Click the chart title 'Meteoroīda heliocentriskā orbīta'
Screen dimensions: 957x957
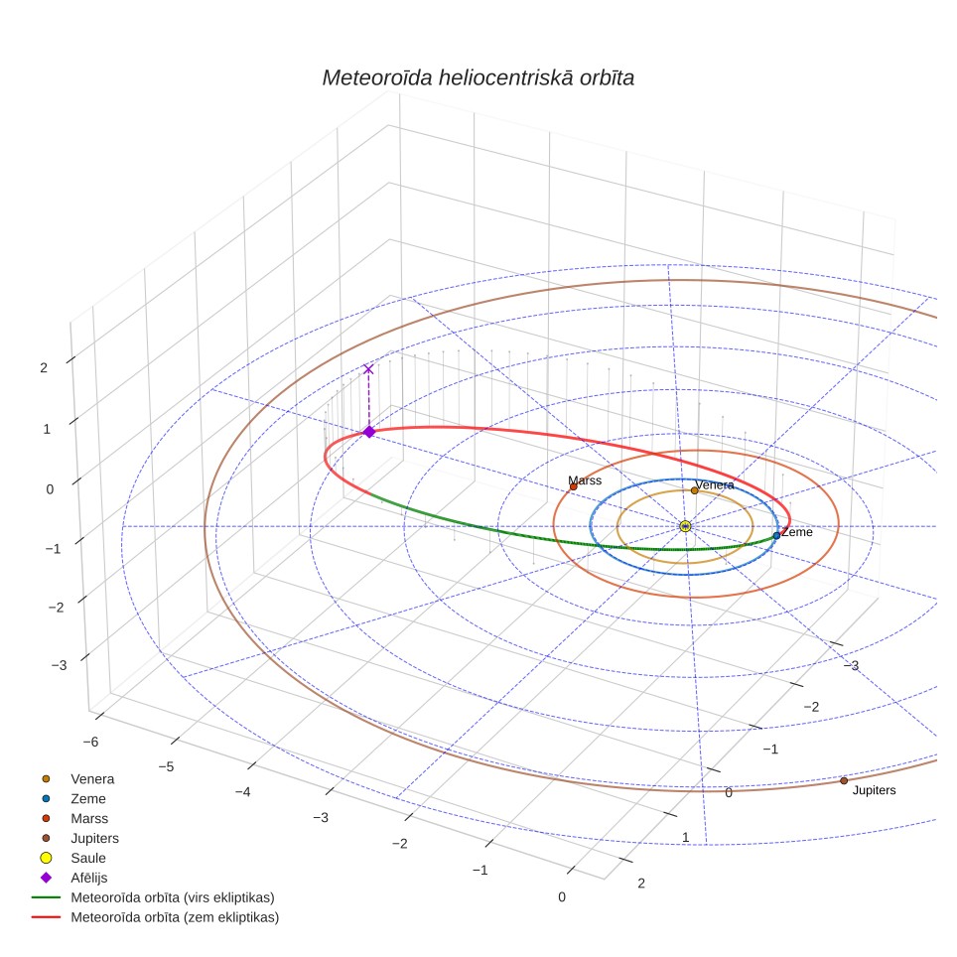[x=478, y=77]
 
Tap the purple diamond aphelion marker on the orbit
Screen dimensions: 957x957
[x=369, y=432]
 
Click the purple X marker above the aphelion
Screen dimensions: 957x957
[x=368, y=369]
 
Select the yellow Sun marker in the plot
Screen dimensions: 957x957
[x=685, y=526]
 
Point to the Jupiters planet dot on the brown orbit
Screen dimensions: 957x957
[x=844, y=780]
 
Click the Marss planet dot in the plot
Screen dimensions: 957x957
[x=573, y=486]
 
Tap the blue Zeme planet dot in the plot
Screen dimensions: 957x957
[x=776, y=535]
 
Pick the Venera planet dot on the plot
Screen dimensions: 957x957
[x=694, y=490]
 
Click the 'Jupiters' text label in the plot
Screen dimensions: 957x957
[x=874, y=790]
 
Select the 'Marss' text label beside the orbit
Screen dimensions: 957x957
[x=585, y=480]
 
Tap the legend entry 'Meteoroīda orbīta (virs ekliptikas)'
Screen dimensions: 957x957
[x=153, y=897]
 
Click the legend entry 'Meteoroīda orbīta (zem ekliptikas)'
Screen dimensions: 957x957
[x=155, y=917]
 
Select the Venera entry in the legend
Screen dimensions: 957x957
[x=76, y=778]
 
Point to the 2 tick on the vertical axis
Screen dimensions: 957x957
[x=44, y=368]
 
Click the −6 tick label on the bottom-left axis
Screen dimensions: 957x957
[x=90, y=742]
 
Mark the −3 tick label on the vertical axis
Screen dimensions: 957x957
[x=60, y=665]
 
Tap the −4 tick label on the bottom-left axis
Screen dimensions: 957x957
[x=242, y=791]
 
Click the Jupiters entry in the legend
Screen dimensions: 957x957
[x=80, y=838]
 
